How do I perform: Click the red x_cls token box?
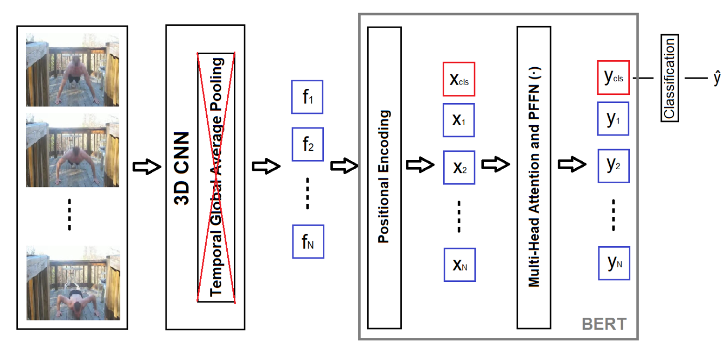pos(459,79)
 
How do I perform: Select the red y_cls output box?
pos(614,78)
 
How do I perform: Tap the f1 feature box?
pos(308,97)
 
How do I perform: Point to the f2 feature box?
pos(308,144)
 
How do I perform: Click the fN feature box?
pos(308,241)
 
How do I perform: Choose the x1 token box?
pos(459,120)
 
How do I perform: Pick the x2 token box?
pos(459,167)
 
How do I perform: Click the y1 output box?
pos(614,119)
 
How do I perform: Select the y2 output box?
pos(614,165)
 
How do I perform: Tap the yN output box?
pos(614,263)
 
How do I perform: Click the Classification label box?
pos(669,78)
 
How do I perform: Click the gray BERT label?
pos(604,324)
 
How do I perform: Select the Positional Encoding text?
pos(384,176)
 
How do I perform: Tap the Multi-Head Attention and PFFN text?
pos(533,177)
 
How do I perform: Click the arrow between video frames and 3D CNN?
pos(147,167)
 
